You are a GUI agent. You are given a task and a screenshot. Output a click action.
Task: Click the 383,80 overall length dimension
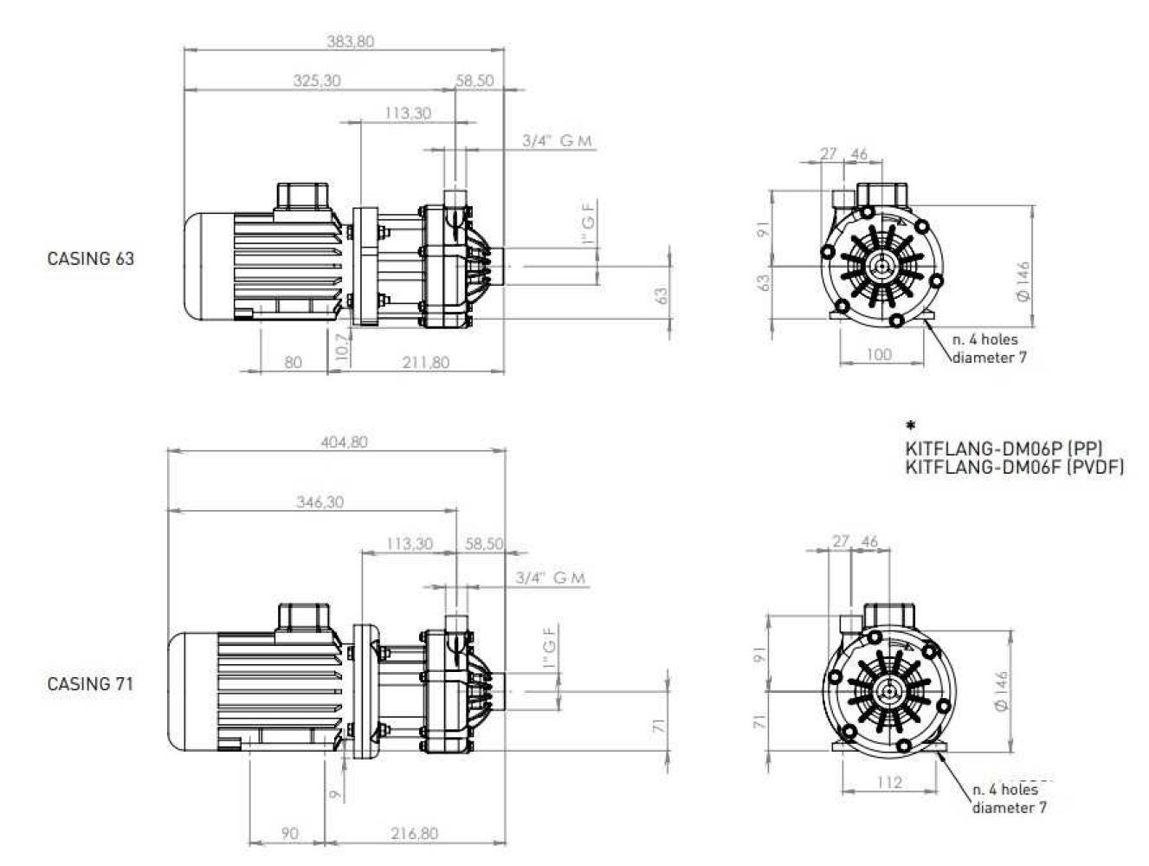(x=350, y=42)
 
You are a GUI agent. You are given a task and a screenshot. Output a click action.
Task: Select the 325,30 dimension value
(x=317, y=81)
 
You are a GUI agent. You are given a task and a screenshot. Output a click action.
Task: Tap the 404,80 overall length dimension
(x=344, y=443)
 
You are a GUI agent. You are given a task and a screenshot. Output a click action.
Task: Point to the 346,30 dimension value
(x=320, y=502)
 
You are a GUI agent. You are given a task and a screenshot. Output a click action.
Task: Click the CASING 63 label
(x=91, y=259)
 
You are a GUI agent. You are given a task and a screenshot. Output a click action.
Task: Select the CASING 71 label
(x=91, y=684)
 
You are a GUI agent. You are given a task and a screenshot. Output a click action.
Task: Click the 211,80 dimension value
(x=426, y=362)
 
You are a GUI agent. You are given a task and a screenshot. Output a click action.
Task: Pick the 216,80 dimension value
(x=414, y=834)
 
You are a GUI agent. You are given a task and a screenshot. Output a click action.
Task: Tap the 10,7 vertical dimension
(x=341, y=346)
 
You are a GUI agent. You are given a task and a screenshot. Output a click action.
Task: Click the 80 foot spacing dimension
(x=294, y=362)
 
